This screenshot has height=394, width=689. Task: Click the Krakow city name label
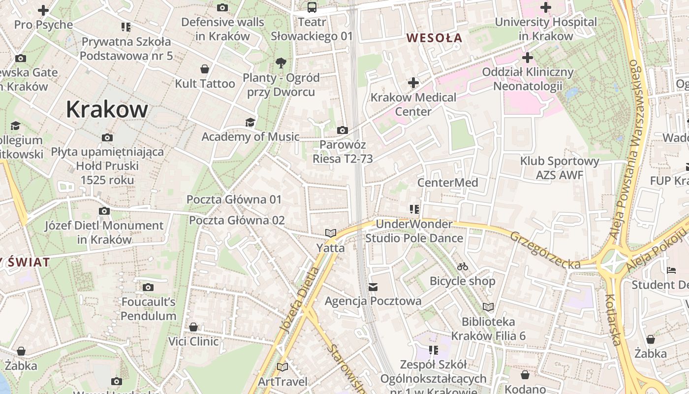pyautogui.click(x=107, y=109)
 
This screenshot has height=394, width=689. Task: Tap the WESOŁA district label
pyautogui.click(x=435, y=37)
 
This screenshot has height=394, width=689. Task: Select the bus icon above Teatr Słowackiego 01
pyautogui.click(x=312, y=7)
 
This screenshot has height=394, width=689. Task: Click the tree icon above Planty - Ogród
pyautogui.click(x=281, y=63)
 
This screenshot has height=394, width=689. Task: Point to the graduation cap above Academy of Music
pyautogui.click(x=251, y=122)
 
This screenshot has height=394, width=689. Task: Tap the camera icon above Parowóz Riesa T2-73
pyautogui.click(x=343, y=131)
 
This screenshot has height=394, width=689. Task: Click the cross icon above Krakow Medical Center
pyautogui.click(x=413, y=83)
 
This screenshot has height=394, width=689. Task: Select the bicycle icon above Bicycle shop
pyautogui.click(x=463, y=266)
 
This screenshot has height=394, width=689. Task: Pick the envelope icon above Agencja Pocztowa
pyautogui.click(x=373, y=287)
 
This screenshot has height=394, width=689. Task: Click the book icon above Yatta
pyautogui.click(x=330, y=233)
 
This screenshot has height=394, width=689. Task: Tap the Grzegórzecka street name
pyautogui.click(x=545, y=250)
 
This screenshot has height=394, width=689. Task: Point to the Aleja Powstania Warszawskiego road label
pyautogui.click(x=627, y=150)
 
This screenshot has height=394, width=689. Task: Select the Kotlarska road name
pyautogui.click(x=616, y=319)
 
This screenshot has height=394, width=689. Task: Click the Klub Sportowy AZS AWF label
pyautogui.click(x=560, y=168)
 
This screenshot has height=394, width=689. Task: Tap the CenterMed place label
pyautogui.click(x=447, y=183)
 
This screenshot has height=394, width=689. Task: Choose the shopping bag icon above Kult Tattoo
pyautogui.click(x=205, y=69)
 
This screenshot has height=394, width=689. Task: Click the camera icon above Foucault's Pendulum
pyautogui.click(x=148, y=287)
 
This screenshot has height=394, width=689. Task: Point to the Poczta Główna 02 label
pyautogui.click(x=237, y=220)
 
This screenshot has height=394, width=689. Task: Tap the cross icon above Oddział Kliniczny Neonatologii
pyautogui.click(x=528, y=58)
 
